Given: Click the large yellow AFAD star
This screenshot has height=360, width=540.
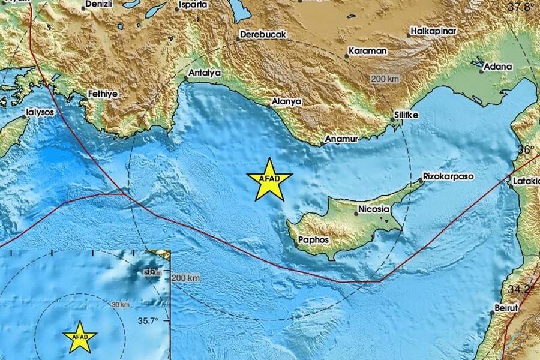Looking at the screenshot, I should pos(269,180).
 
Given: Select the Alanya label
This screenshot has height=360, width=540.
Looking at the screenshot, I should pos(286,102).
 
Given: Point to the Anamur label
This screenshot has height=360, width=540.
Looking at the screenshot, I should pos(341,139).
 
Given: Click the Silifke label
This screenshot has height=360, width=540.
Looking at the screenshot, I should pos(407,114).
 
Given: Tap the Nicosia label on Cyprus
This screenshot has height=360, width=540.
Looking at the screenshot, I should pos(373,210).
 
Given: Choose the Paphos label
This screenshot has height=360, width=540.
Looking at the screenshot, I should pos(314,239).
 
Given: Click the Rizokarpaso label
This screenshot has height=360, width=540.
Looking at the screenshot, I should pos(449,177).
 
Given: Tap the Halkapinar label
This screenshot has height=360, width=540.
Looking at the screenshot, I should pos(434,31).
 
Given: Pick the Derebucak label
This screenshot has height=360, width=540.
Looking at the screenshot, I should pos(263,35).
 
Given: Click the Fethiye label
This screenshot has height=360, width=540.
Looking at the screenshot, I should pos(103,94).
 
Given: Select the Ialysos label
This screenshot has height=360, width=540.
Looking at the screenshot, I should pos(40,112).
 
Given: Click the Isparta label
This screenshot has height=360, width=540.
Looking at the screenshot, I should pos(193,5).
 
